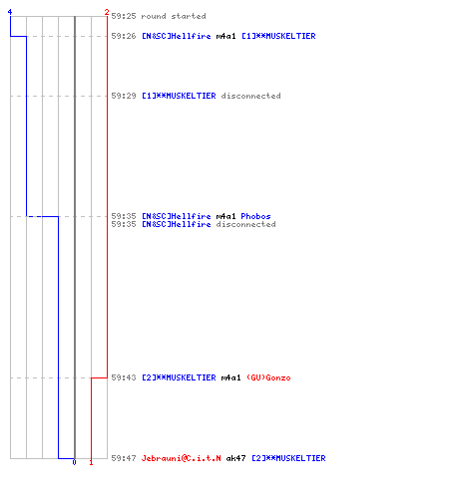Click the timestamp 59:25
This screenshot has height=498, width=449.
point(124,16)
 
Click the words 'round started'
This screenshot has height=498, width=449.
point(174,16)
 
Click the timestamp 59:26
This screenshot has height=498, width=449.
point(124,36)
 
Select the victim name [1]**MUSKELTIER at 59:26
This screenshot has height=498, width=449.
point(278,36)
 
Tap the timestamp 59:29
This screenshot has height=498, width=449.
point(124,96)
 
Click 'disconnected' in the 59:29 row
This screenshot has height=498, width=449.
point(250,96)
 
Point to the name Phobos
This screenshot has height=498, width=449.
point(255,216)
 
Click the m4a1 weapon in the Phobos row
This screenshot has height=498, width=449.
point(225,216)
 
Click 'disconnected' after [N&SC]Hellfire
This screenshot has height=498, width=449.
point(245,224)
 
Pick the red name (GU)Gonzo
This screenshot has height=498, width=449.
point(268,377)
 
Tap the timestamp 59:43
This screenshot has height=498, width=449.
point(124,377)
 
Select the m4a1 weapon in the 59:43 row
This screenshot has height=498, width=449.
point(230,377)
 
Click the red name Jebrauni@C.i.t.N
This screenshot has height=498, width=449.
point(181,458)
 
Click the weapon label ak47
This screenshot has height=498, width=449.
point(235,458)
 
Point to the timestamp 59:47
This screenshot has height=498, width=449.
point(124,458)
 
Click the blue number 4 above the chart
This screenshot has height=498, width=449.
point(10,12)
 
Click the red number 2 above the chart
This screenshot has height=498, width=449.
point(107,12)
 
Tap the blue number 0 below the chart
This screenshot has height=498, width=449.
point(74,462)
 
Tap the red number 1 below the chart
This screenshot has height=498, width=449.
point(91,462)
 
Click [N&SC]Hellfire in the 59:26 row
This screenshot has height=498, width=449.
point(177,36)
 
